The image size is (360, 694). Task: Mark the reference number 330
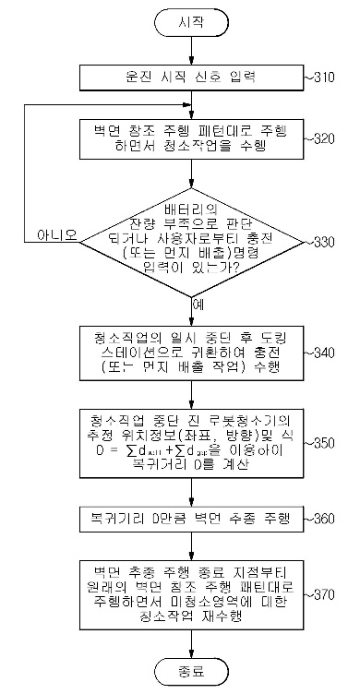325,241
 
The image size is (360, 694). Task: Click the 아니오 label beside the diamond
58,233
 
